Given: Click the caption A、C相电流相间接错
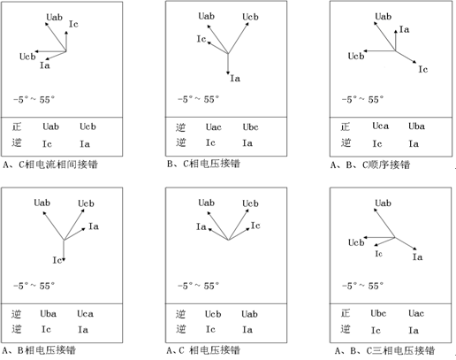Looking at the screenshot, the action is (50, 165).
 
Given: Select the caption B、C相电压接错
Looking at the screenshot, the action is (203, 164).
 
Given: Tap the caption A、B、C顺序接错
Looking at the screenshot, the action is (370, 165).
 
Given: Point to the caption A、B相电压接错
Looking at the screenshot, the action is (39, 350).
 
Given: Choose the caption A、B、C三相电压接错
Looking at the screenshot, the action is (385, 350).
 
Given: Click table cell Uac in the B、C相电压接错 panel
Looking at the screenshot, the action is (214, 127).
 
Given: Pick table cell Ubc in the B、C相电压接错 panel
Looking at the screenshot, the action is (251, 127).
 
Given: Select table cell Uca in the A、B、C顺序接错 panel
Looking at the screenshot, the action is (380, 126).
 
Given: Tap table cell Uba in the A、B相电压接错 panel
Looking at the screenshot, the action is (49, 313).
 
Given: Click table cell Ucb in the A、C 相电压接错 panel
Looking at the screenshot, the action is (213, 314).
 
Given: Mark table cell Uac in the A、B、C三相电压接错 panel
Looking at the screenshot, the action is (416, 313).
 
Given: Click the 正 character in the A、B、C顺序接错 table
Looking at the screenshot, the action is (346, 127).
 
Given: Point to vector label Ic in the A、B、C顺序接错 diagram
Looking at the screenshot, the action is (423, 69).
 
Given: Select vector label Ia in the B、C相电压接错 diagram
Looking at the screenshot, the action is (235, 79).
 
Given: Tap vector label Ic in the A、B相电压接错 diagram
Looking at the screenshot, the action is (57, 260).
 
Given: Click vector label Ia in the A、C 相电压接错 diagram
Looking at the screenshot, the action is (201, 226).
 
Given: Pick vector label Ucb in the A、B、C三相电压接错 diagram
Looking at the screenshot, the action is (356, 242).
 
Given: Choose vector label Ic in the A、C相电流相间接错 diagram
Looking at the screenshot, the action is (73, 24).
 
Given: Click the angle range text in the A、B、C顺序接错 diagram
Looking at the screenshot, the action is (362, 100).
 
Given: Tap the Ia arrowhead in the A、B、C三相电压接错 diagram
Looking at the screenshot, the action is (414, 249).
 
